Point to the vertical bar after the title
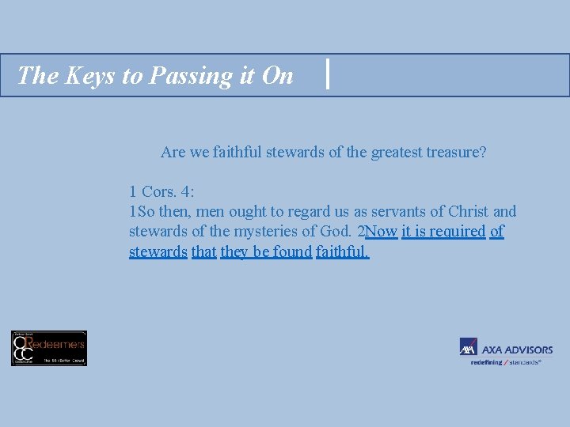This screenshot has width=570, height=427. [x=328, y=75]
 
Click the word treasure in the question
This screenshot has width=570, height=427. [x=454, y=152]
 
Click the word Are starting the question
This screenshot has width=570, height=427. [x=173, y=152]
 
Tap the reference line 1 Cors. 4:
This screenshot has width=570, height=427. [x=161, y=191]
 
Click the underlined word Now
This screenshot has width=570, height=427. [x=382, y=232]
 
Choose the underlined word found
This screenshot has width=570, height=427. [x=293, y=252]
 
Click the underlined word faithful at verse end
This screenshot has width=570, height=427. [x=342, y=252]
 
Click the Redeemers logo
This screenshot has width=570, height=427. [x=49, y=348]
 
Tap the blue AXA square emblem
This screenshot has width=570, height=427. [x=468, y=348]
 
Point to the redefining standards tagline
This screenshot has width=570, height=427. [x=506, y=362]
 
